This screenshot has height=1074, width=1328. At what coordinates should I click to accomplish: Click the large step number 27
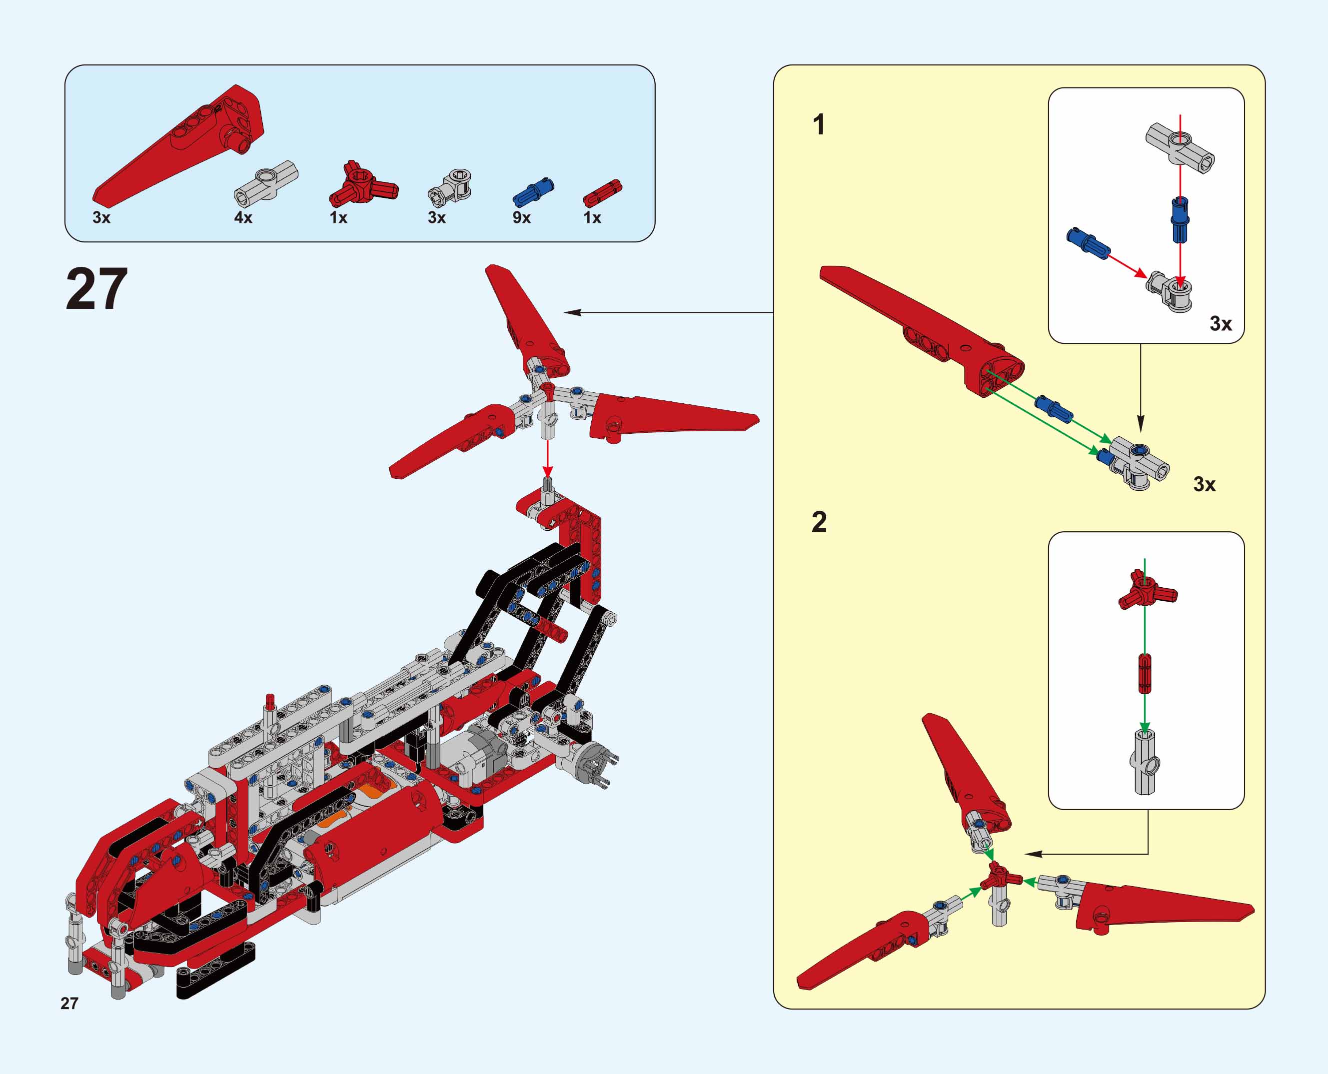coord(96,289)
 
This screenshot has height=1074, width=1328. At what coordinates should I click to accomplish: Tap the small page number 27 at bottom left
coord(69,1003)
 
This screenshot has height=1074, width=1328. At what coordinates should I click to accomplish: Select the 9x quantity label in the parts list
coord(522,218)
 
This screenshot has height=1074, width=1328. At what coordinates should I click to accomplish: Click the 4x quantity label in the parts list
coord(243,218)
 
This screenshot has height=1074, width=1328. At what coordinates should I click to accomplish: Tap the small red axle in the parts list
coord(602,192)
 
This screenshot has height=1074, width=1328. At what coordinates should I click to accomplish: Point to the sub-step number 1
coord(819,124)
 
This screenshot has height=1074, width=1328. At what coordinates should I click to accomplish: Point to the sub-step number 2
coord(819,522)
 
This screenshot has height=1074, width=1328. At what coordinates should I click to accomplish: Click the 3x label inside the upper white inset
coord(1221,323)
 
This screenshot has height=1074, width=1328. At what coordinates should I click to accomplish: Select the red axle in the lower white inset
coord(1145,673)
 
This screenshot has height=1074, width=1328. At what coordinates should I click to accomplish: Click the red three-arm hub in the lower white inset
coord(1147,590)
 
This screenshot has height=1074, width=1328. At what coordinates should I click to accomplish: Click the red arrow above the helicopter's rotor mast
coord(547,458)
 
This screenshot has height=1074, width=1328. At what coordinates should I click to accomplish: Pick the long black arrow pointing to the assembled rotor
coord(668,312)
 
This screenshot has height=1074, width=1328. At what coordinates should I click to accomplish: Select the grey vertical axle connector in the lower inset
coord(1144,763)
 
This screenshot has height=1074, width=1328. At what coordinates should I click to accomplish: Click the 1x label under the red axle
coord(592,218)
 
